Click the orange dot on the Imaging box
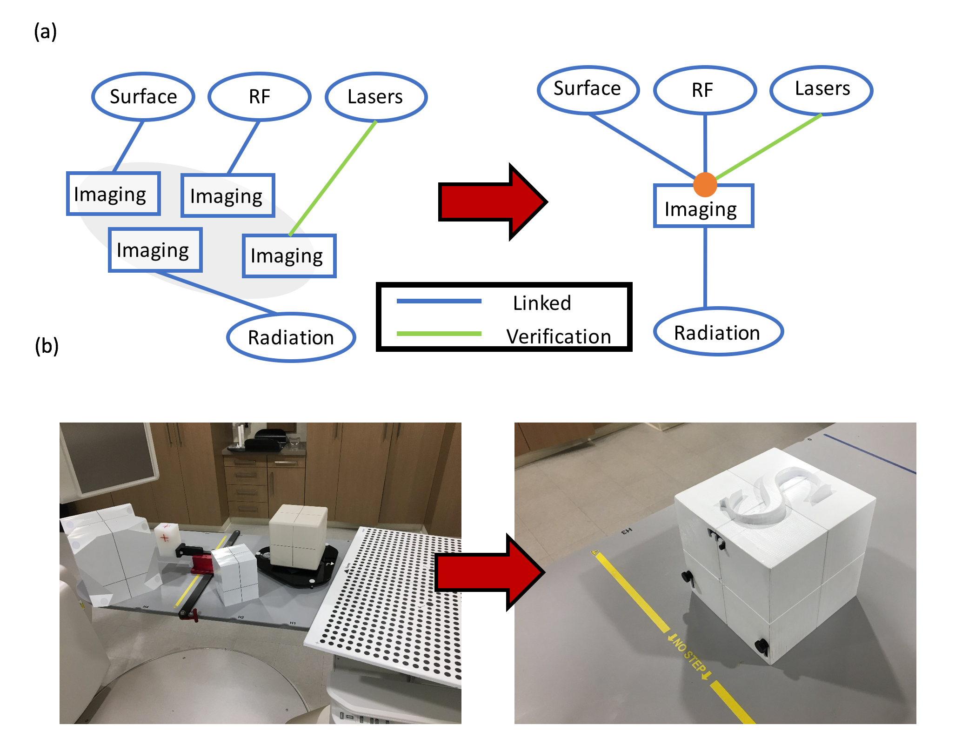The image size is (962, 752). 705,185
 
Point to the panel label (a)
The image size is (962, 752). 45,32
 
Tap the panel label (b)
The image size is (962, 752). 47,346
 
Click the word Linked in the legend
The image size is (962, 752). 542,303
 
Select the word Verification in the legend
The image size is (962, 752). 558,336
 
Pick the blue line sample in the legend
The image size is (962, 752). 439,301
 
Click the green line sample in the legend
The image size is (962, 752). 439,334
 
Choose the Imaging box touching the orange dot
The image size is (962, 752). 703,209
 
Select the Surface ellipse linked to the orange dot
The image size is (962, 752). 588,89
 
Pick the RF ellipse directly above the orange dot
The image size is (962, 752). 704,90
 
